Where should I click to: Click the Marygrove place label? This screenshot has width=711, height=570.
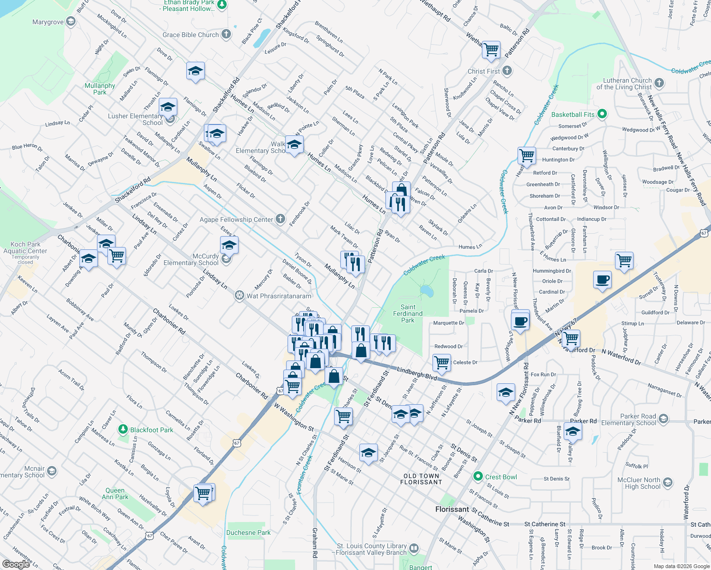pos(48,22)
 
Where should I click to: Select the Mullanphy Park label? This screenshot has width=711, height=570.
pos(100,89)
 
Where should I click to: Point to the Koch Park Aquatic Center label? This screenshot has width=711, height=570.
pos(25,248)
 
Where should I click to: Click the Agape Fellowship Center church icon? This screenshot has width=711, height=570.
pos(280,219)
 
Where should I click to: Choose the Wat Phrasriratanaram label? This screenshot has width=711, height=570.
pos(279,296)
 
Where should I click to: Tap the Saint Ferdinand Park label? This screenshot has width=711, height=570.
pos(408,313)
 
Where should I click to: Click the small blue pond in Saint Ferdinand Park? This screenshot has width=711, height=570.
pos(427,290)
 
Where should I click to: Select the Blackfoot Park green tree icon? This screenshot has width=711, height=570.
pos(123,429)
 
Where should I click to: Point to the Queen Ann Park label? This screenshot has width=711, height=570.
pos(115,494)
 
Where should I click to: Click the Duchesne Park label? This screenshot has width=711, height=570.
pos(248,532)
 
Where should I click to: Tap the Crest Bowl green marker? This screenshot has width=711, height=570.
pos(478,476)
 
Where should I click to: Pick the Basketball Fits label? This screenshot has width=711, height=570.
pos(573,114)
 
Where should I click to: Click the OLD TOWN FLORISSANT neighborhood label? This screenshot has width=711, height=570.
pos(421,479)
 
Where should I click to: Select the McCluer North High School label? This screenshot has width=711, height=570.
pos(639,483)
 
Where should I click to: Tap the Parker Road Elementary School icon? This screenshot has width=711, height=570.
pos(663,419)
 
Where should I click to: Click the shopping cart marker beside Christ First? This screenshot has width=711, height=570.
pos(491,49)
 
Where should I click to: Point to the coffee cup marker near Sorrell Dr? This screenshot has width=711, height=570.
pos(602,280)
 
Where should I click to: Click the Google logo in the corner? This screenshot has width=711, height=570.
pos(16,564)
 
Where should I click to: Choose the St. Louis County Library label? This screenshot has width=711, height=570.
pos(372,549)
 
